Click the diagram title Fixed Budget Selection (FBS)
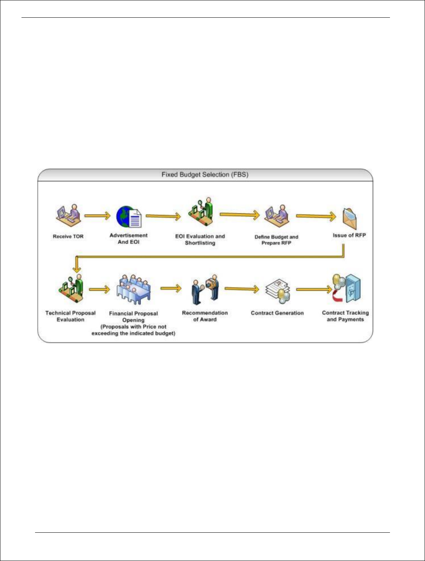[x=205, y=175]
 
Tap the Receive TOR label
[x=68, y=236]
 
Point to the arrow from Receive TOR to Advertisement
[x=97, y=216]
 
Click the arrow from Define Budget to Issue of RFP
[x=316, y=216]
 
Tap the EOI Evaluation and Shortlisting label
[x=200, y=239]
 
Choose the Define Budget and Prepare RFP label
[x=276, y=240]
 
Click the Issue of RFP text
[x=349, y=235]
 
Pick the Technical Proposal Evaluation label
[x=70, y=316]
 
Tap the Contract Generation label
[x=277, y=313]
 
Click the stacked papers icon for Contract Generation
[x=278, y=291]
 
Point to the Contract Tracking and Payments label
[x=345, y=316]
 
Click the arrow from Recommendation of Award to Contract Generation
[x=242, y=289]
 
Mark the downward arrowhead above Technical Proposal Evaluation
[x=77, y=268]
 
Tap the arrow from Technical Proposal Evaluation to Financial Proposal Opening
[x=99, y=289]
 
